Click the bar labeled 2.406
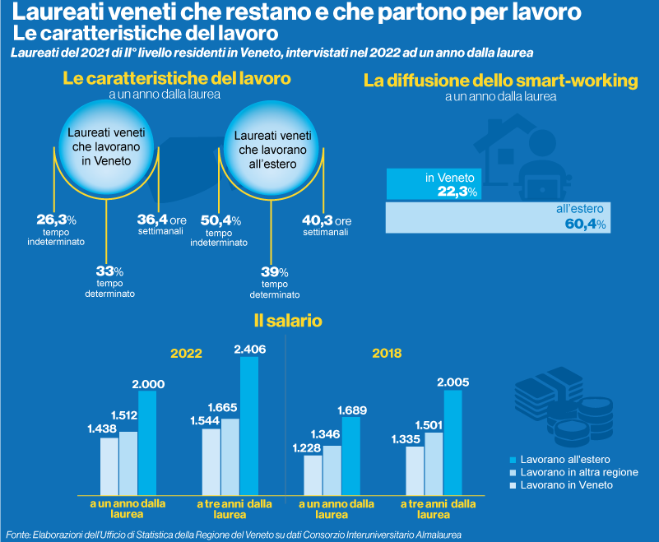click(248, 424)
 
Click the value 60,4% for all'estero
click(585, 225)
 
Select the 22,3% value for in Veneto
click(457, 192)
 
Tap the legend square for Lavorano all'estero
click(513, 459)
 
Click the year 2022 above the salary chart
click(186, 354)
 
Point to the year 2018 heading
click(387, 354)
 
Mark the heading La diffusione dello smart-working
click(501, 81)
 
